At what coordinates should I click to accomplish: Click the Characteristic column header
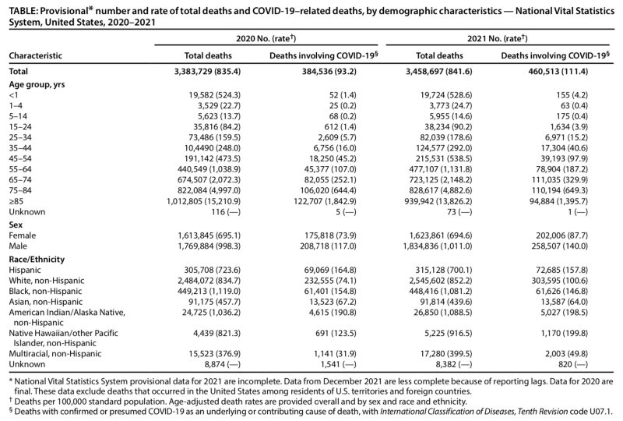pyautogui.click(x=35, y=55)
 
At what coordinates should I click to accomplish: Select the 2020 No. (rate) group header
pyautogui.click(x=266, y=38)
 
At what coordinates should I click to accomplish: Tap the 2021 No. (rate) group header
pyautogui.click(x=498, y=38)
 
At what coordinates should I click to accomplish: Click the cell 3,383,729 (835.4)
pyautogui.click(x=207, y=72)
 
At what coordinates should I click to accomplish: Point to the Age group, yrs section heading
pyautogui.click(x=37, y=84)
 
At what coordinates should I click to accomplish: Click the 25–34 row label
pyautogui.click(x=20, y=137)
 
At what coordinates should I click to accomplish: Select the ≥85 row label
pyautogui.click(x=16, y=201)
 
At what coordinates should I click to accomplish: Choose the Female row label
pyautogui.click(x=23, y=235)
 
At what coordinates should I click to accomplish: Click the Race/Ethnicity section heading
pyautogui.click(x=37, y=259)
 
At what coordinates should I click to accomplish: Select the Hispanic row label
pyautogui.click(x=25, y=270)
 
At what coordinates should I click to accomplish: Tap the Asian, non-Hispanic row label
pyautogui.click(x=46, y=302)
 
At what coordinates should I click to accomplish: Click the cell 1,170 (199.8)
pyautogui.click(x=564, y=333)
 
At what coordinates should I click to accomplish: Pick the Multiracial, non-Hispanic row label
pyautogui.click(x=55, y=354)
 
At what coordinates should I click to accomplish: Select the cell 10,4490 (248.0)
pyautogui.click(x=215, y=148)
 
